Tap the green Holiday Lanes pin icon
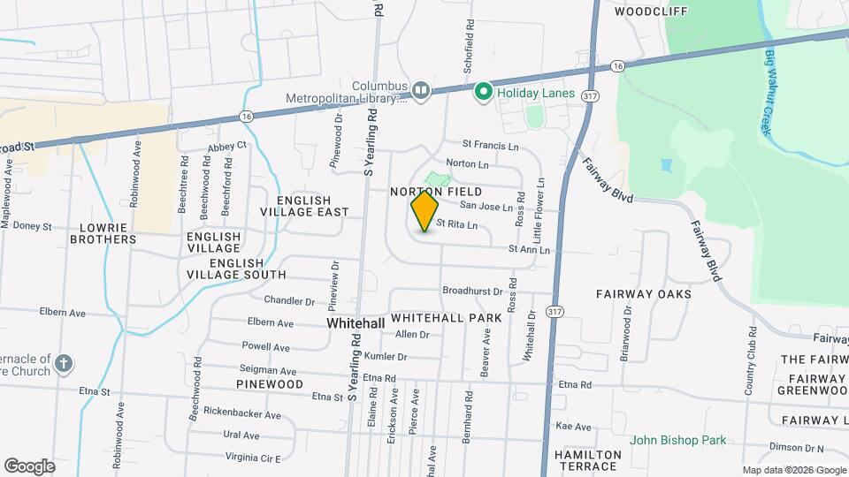tap(484, 92)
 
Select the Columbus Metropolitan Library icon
tap(421, 90)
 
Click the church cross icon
tap(64, 363)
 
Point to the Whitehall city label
tap(356, 324)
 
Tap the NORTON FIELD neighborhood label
tap(437, 192)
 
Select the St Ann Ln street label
tap(529, 250)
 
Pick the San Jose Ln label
tap(485, 207)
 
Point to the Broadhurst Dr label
tap(472, 291)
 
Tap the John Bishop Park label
tap(677, 440)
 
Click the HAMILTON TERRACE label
tap(588, 459)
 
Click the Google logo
tap(29, 466)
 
